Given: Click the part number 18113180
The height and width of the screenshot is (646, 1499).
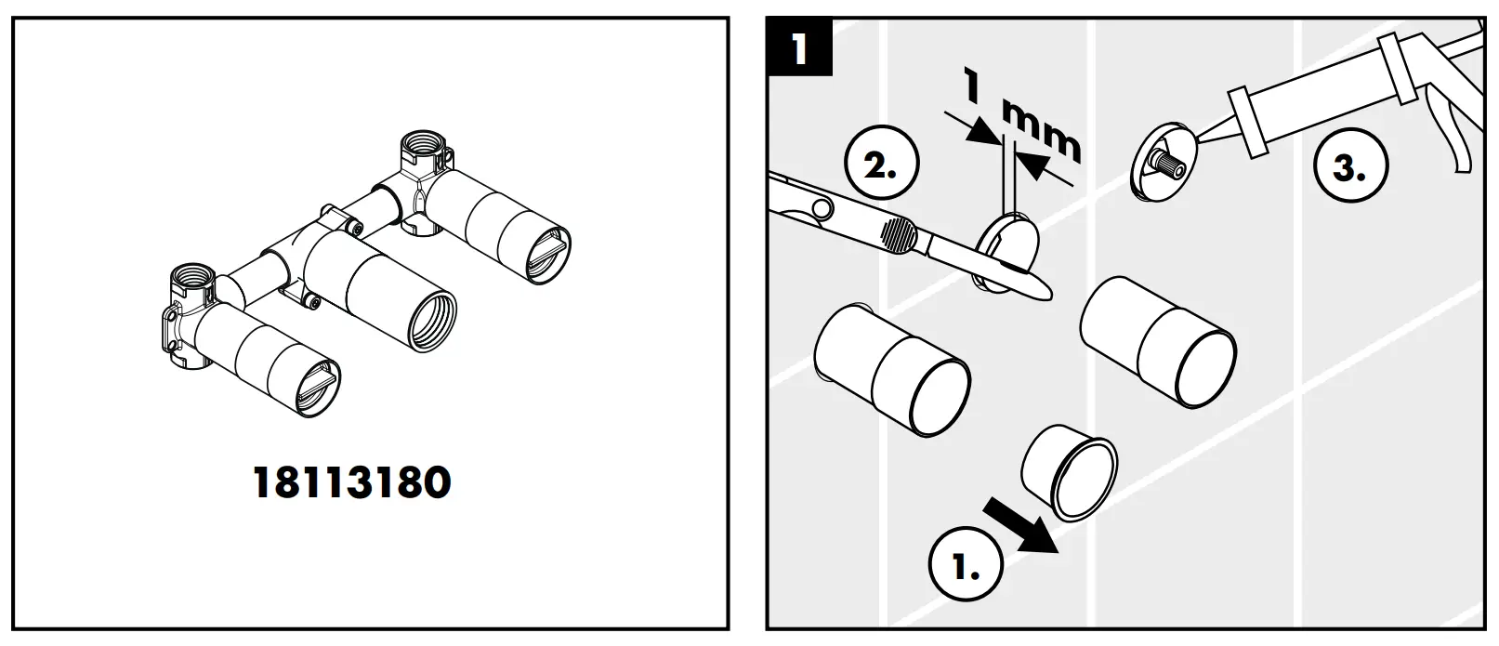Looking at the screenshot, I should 352,482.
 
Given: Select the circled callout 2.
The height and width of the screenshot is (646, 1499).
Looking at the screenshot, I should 880,167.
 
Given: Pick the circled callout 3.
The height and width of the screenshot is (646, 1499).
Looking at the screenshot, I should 1350,169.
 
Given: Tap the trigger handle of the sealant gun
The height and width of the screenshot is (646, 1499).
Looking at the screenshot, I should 1455,139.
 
